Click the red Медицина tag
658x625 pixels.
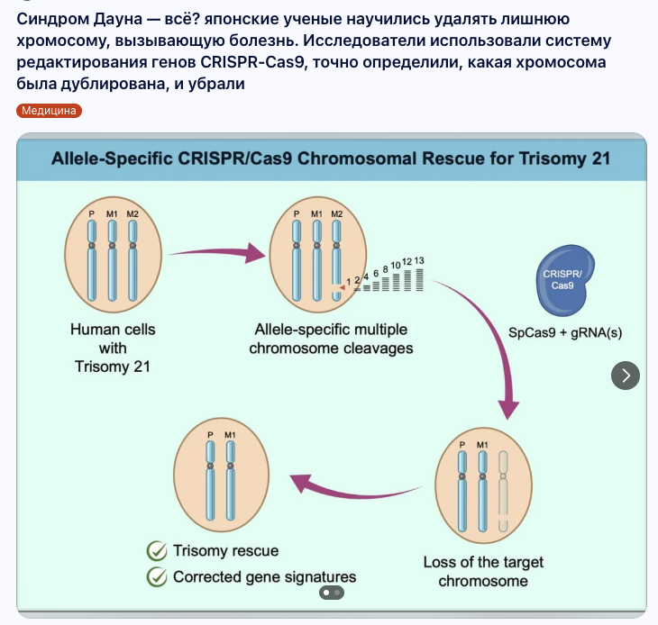(50, 111)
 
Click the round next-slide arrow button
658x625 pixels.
(626, 376)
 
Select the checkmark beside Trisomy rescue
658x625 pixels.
(158, 550)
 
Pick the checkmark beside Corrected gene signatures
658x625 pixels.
(158, 576)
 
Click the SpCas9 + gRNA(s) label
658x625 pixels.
(565, 332)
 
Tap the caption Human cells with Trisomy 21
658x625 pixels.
(113, 348)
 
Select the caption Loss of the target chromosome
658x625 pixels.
(483, 571)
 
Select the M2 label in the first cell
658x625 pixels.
(133, 213)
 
